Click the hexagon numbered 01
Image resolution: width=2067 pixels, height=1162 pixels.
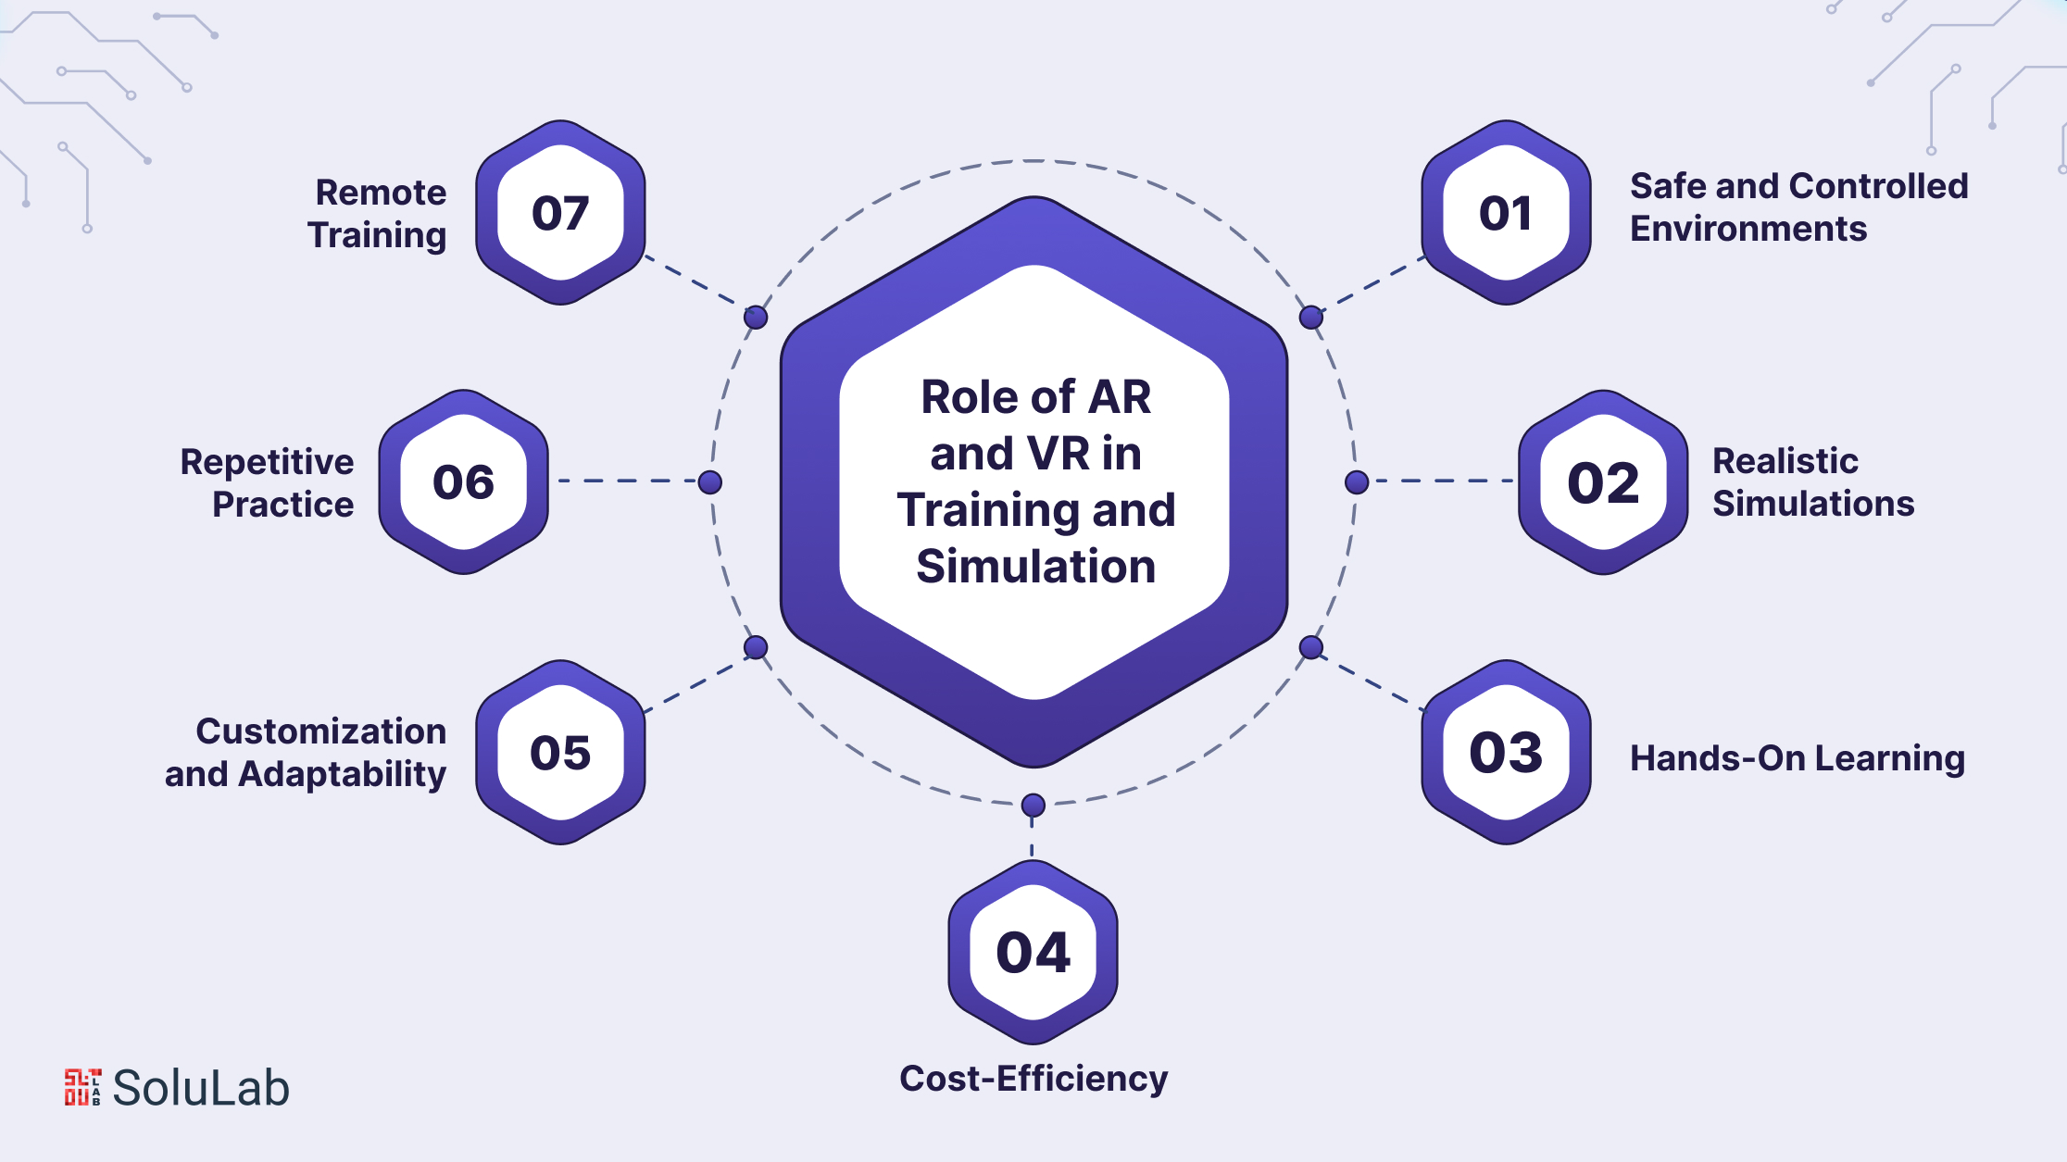tap(1506, 213)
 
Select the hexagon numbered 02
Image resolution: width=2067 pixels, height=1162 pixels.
tap(1603, 482)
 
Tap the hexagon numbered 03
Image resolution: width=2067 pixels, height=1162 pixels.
tap(1506, 752)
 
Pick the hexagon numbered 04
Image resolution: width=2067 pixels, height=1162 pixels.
tap(1033, 952)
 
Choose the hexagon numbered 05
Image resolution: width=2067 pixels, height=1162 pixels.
tap(560, 752)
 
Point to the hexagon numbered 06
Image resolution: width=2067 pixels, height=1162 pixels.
tap(463, 482)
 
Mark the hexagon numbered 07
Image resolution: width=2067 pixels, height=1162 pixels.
tap(560, 213)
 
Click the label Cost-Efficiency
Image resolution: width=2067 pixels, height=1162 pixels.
tap(1033, 1079)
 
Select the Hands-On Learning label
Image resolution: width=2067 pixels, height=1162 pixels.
tap(1798, 758)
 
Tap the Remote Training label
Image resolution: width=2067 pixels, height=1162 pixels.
tap(378, 214)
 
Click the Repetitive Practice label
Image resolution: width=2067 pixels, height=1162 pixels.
tap(268, 482)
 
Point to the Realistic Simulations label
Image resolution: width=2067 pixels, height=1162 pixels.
tap(1813, 482)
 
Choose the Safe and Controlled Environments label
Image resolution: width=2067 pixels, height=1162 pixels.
tap(1799, 207)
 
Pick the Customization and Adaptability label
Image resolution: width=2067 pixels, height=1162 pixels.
tap(306, 753)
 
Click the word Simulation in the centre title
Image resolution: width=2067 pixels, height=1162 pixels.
tap(1036, 566)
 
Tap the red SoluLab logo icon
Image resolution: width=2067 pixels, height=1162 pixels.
tap(82, 1087)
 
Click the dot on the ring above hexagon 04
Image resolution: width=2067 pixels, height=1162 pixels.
tap(1033, 806)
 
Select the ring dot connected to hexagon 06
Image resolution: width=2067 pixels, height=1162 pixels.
tap(710, 481)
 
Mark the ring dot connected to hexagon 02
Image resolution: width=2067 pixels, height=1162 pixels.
tap(1357, 481)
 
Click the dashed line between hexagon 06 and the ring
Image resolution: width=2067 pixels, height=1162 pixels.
tap(628, 481)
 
